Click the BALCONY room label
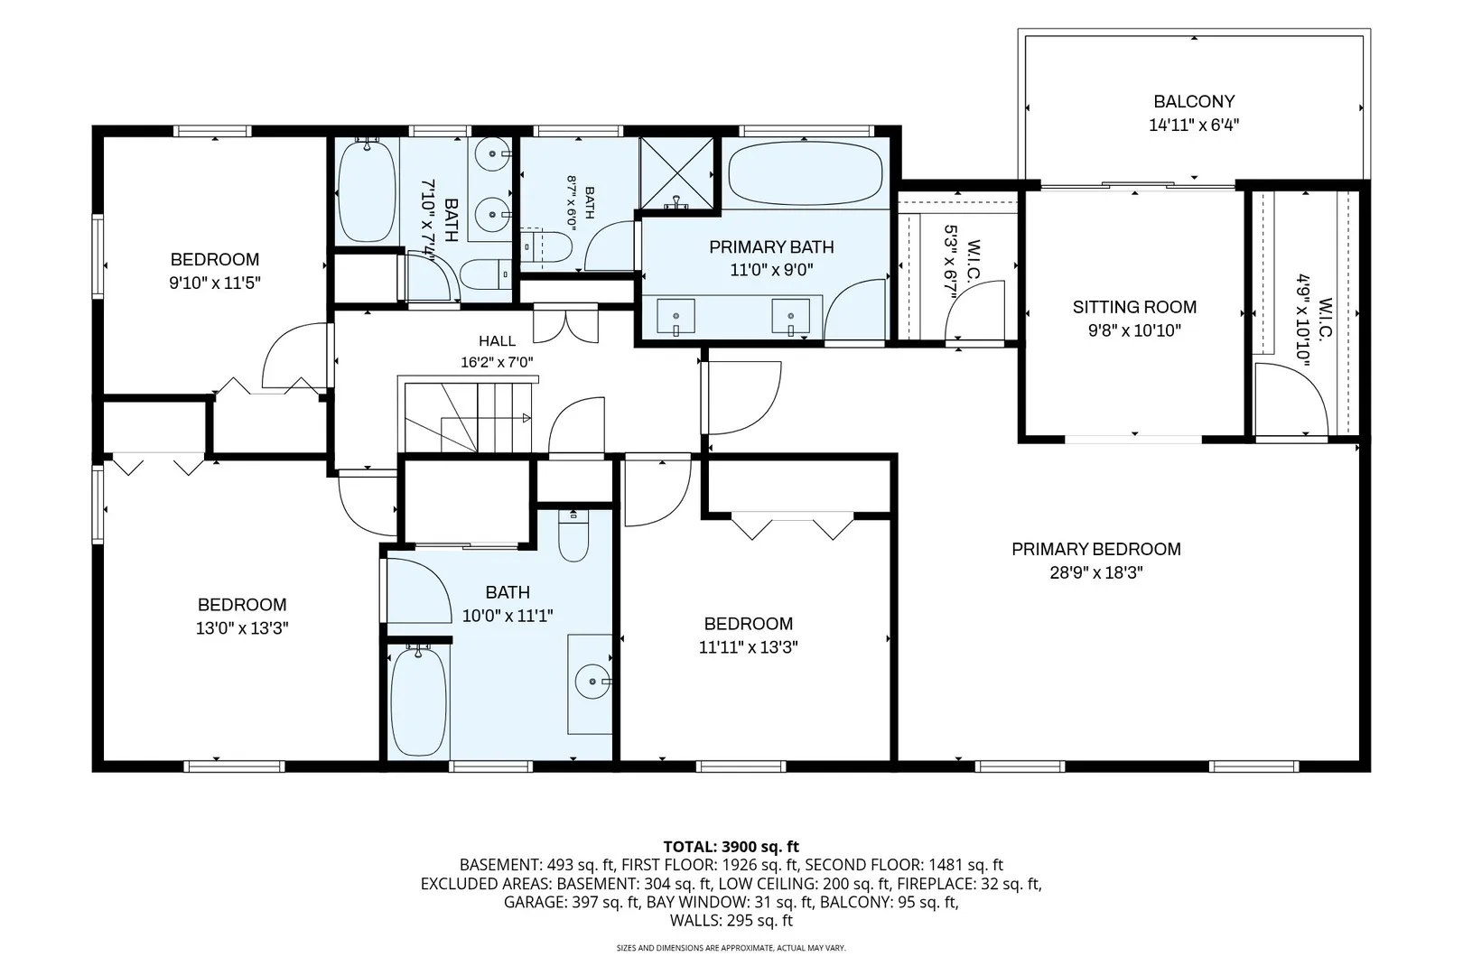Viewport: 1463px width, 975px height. tap(1194, 102)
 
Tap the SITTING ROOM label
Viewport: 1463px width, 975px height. tap(1134, 307)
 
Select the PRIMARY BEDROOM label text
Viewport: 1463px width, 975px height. tap(1096, 549)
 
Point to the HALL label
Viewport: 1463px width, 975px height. tap(497, 341)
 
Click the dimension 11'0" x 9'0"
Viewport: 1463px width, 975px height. tap(771, 270)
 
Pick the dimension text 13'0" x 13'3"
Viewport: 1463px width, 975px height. tap(242, 628)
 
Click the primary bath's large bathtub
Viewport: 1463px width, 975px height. tap(805, 174)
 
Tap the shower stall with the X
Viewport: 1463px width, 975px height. tap(677, 173)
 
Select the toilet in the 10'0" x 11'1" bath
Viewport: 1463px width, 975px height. tap(573, 535)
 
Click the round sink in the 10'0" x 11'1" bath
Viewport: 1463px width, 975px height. tap(592, 682)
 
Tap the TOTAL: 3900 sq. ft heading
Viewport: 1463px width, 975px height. tap(731, 847)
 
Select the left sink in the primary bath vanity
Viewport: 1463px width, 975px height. tap(676, 317)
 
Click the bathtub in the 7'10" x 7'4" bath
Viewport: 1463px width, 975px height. tap(367, 190)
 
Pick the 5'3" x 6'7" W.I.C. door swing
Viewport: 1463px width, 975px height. tap(974, 311)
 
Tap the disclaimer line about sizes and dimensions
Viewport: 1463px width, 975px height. tap(731, 948)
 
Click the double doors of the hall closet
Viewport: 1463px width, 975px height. tap(565, 325)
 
